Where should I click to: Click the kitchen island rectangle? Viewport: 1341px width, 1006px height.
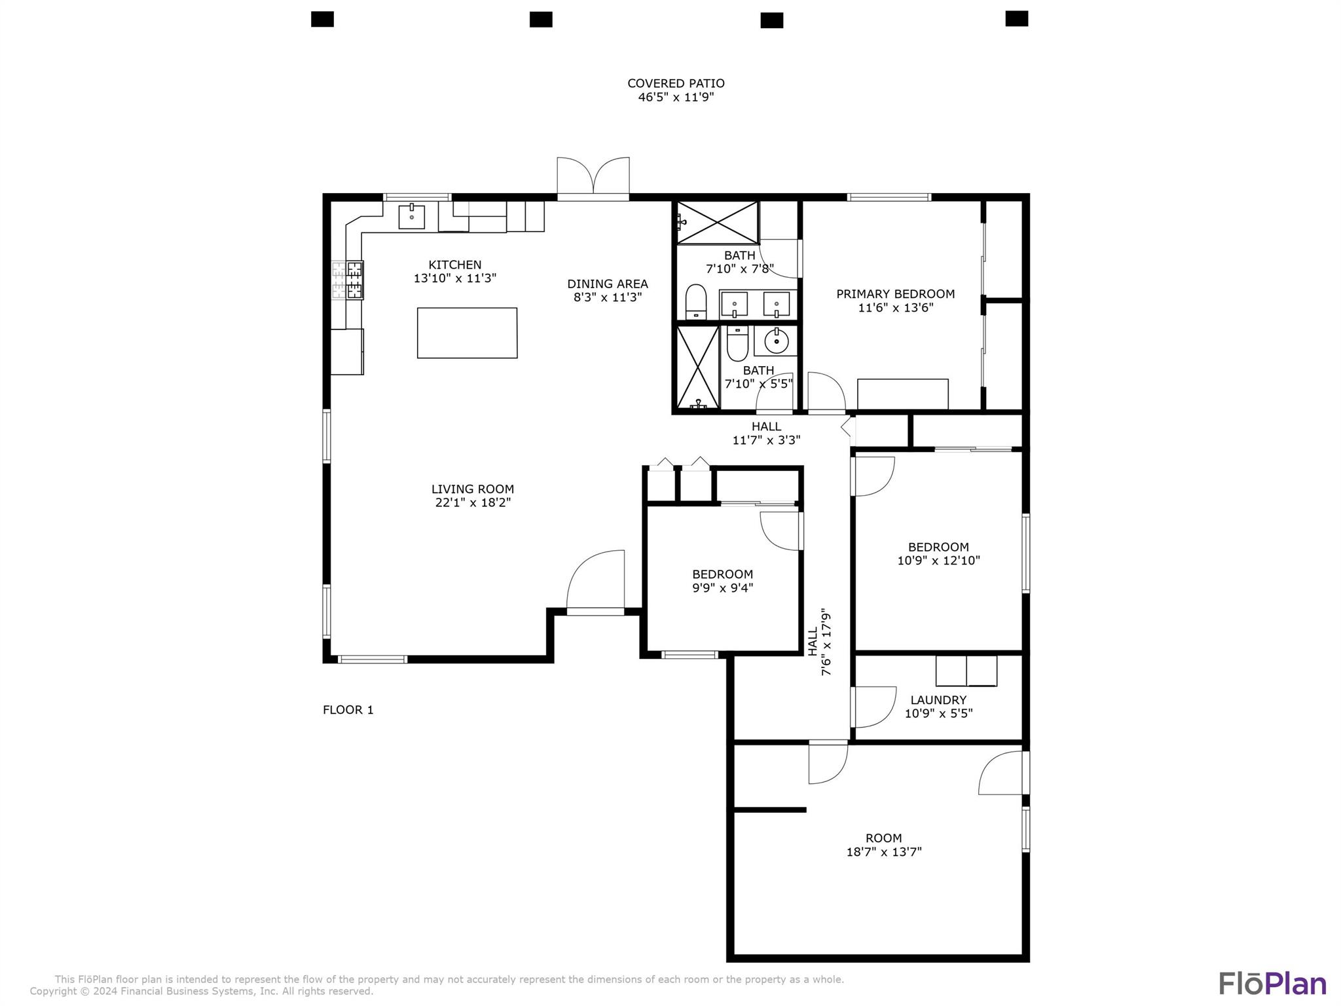click(x=467, y=333)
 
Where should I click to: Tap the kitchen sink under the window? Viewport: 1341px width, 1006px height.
click(x=411, y=217)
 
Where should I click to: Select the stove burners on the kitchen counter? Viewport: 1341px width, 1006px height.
click(x=348, y=280)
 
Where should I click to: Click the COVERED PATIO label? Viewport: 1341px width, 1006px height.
click(x=676, y=84)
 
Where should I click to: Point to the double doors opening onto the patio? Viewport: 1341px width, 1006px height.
click(x=593, y=178)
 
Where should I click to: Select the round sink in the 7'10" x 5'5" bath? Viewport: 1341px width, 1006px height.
click(x=776, y=341)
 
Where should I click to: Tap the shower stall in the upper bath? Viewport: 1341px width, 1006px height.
click(x=717, y=223)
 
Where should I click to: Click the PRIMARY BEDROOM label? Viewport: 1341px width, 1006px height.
click(x=895, y=294)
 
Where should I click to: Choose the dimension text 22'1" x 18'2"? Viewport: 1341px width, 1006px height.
click(x=473, y=503)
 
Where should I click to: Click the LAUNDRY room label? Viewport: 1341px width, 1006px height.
click(x=938, y=700)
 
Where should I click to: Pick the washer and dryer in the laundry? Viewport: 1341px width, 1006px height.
click(x=966, y=671)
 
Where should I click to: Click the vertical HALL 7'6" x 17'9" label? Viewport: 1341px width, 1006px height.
click(x=819, y=643)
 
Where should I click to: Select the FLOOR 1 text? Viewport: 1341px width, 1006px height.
click(x=348, y=710)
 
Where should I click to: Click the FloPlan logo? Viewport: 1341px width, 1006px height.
click(x=1272, y=984)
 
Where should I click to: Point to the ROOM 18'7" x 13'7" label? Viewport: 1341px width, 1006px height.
click(x=883, y=845)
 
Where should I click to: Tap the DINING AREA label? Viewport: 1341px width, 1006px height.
click(x=607, y=284)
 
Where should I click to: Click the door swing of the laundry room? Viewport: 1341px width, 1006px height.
click(x=874, y=707)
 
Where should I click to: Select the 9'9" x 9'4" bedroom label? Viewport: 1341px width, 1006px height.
click(x=722, y=581)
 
